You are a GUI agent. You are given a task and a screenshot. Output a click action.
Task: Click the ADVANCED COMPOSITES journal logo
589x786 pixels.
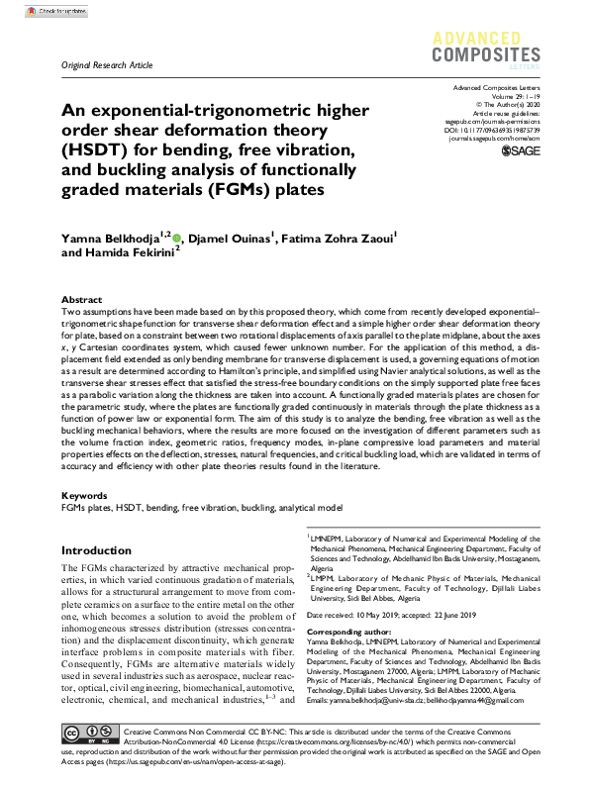[485, 46]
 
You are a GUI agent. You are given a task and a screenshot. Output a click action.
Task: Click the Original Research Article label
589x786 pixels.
[107, 65]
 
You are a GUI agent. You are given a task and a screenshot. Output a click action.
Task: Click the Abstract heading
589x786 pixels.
[81, 299]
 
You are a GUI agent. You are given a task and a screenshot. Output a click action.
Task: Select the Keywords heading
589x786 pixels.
[84, 494]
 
